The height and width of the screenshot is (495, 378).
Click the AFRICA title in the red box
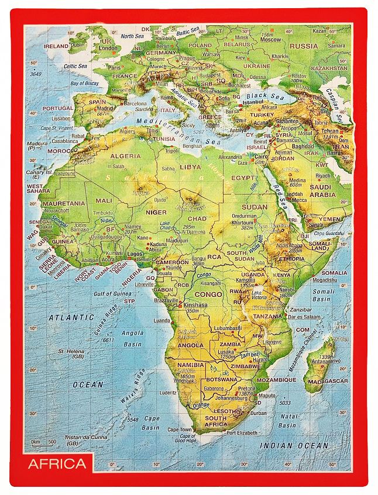coord(57,464)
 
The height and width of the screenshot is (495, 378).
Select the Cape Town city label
coord(180,429)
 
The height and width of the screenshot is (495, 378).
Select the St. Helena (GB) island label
coord(70,354)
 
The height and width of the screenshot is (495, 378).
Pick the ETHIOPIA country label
coord(291,258)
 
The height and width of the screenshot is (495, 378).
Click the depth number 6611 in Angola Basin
coord(108,340)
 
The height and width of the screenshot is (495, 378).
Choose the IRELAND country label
coord(56,46)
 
